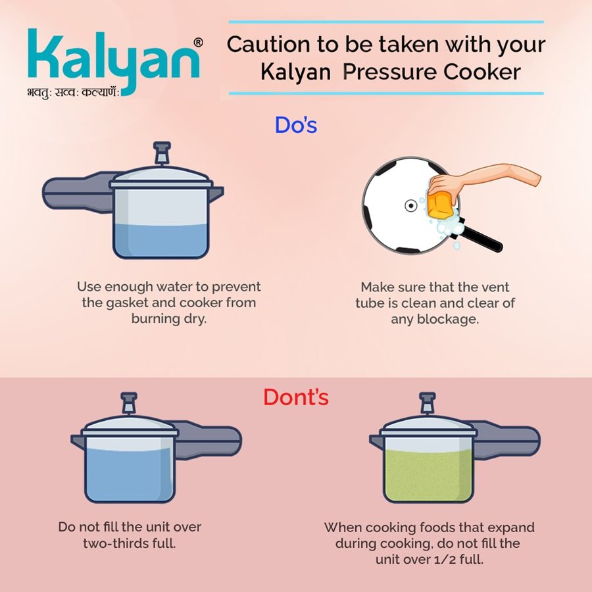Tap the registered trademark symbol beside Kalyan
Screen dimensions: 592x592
point(198,43)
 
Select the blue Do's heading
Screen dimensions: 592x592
point(296,126)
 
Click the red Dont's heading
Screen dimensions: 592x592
point(296,397)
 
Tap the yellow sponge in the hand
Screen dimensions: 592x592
point(440,205)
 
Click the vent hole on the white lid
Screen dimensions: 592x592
point(410,206)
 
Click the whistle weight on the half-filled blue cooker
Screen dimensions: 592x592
point(162,153)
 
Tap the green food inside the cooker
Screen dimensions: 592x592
point(428,476)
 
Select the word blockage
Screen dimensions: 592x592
point(448,320)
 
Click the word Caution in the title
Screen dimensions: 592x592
point(268,45)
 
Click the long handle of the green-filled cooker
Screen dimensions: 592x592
point(506,441)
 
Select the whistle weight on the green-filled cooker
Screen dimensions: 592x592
point(428,403)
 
